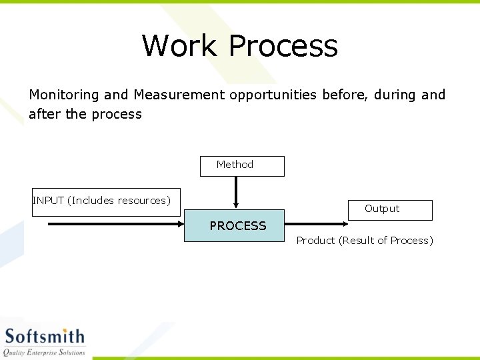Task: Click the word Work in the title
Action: (x=179, y=46)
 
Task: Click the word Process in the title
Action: (x=283, y=46)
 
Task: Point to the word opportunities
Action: (x=273, y=95)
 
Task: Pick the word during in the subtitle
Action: (x=395, y=95)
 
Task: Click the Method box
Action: (x=242, y=165)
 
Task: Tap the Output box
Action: (x=389, y=209)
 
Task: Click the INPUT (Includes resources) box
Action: (x=106, y=201)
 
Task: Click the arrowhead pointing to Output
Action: (x=343, y=224)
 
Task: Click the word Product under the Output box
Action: (x=315, y=241)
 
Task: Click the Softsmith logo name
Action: (x=45, y=337)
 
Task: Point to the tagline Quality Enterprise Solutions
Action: (x=45, y=352)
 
